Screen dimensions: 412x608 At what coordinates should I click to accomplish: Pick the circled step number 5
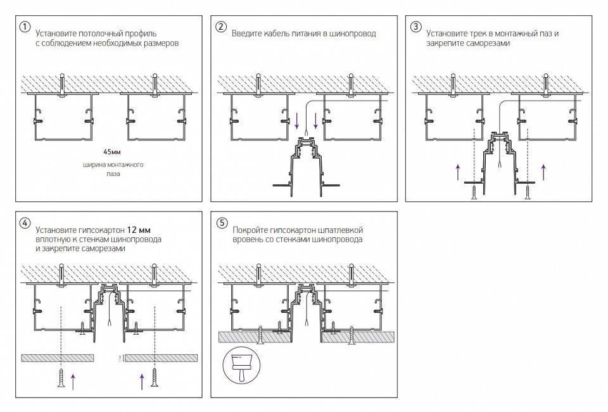(x=220, y=223)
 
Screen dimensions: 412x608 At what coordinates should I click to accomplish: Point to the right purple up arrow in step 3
(x=543, y=172)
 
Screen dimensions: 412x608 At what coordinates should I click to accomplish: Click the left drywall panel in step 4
(x=57, y=358)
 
